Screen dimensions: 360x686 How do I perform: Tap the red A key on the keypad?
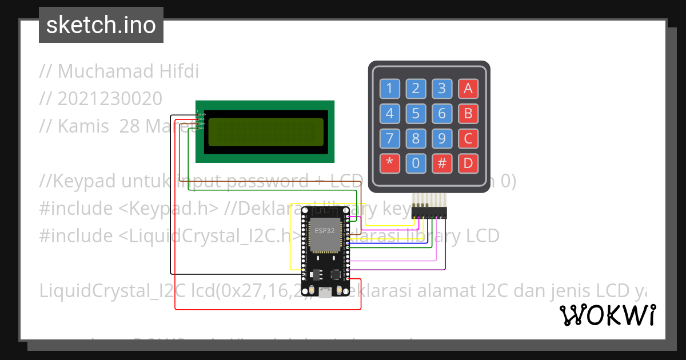(x=468, y=89)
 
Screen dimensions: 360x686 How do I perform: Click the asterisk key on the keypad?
(x=390, y=163)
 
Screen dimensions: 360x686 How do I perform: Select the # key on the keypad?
(x=442, y=163)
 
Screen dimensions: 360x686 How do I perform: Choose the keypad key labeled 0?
(x=416, y=163)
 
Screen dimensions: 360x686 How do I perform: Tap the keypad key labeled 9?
(x=442, y=138)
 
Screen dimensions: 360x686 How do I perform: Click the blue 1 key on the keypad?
(x=390, y=89)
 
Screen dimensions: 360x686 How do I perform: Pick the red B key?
(x=468, y=113)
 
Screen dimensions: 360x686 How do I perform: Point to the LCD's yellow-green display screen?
(x=266, y=132)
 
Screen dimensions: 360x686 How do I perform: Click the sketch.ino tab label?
(x=101, y=25)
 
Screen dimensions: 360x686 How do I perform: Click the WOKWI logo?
(x=607, y=315)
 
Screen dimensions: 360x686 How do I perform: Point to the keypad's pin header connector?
(x=429, y=212)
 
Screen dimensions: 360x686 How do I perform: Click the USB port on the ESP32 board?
(x=325, y=293)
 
